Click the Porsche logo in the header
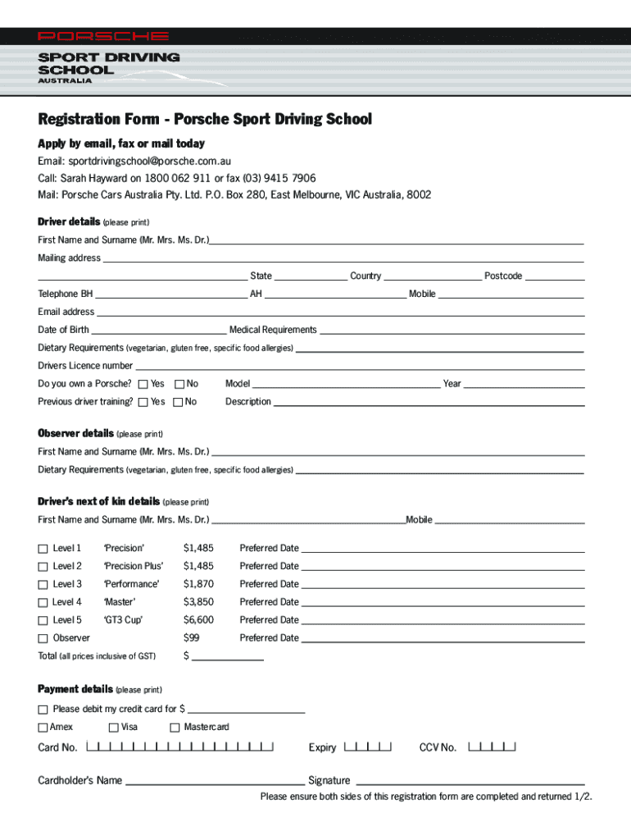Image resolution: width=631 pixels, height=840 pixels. (103, 37)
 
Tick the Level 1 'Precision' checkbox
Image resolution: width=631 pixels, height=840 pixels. (43, 549)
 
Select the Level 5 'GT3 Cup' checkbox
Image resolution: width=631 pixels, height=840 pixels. (43, 621)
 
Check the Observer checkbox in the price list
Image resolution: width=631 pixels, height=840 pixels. (43, 639)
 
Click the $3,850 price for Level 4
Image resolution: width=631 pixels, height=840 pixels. (198, 602)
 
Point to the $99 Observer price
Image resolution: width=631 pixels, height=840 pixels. (192, 638)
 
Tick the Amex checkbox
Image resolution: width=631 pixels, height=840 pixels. (43, 728)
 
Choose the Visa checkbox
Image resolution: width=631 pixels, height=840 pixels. (114, 728)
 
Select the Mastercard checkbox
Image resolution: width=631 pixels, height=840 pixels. (175, 728)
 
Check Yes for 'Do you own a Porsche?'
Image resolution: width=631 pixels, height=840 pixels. (143, 384)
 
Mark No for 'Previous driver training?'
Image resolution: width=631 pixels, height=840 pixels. (179, 402)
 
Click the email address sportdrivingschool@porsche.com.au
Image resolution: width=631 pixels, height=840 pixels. (149, 161)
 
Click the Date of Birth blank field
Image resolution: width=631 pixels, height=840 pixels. (158, 331)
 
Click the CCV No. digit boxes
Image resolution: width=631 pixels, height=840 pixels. (492, 747)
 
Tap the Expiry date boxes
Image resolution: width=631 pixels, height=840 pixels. (368, 747)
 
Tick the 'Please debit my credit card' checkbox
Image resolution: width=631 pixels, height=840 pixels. (43, 710)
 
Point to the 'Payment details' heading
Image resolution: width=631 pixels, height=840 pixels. (75, 689)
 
